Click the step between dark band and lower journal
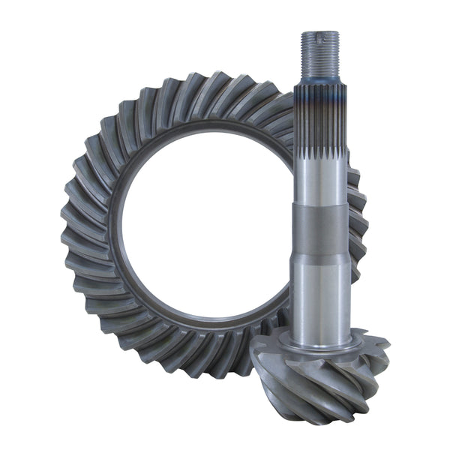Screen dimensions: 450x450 pos(320,257)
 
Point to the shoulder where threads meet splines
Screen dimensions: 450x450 pos(320,80)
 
